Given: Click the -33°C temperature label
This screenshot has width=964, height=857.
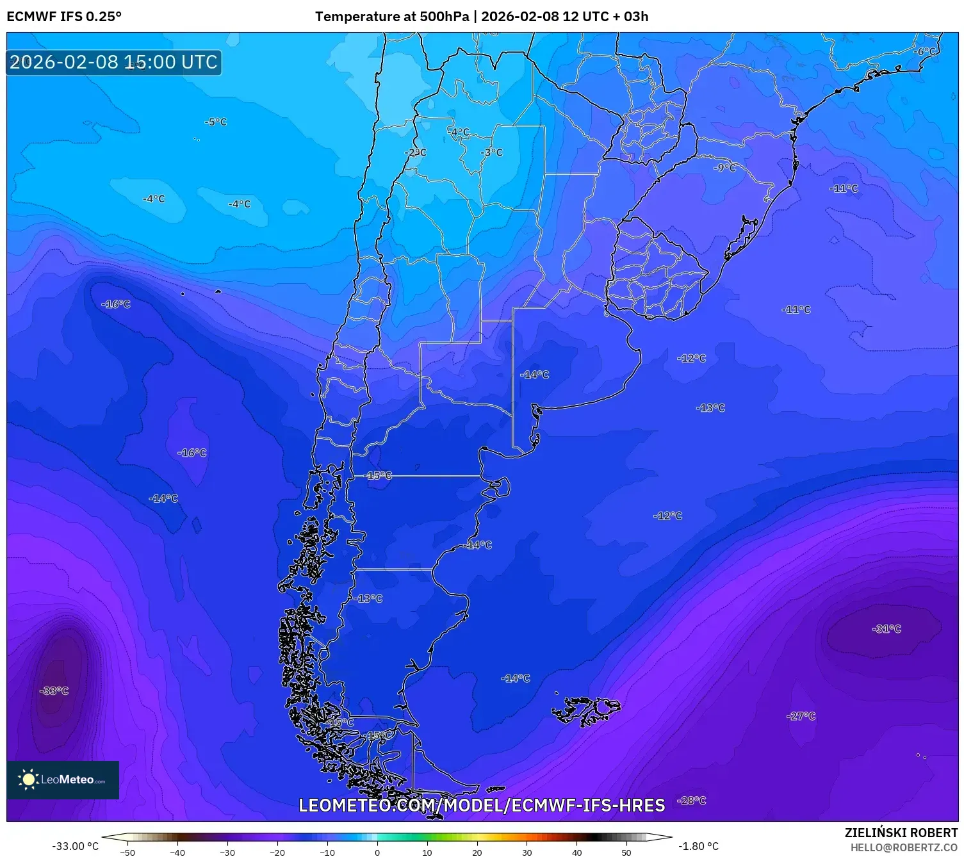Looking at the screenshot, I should [x=54, y=690].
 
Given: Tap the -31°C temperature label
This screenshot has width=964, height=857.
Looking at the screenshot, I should [x=886, y=629].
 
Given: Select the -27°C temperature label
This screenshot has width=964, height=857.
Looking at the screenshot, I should [x=801, y=716].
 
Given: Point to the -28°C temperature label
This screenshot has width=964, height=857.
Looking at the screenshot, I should [x=692, y=801].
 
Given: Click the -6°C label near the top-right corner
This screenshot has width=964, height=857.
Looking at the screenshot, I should [x=926, y=51].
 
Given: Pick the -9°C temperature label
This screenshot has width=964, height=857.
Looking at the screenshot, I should [x=725, y=168].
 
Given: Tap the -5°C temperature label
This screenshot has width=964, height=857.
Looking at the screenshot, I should [x=216, y=122].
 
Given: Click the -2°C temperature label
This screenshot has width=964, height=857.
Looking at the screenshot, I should [x=416, y=152].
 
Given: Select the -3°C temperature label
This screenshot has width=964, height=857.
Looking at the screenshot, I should [x=492, y=152].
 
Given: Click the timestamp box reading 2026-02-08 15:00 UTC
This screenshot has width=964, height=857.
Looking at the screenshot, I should [x=114, y=63].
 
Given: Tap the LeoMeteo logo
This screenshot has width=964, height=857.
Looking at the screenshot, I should [x=63, y=779].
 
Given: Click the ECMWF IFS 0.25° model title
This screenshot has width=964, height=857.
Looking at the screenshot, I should [x=64, y=17].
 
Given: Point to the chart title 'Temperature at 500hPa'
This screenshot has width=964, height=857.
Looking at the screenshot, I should [x=391, y=17].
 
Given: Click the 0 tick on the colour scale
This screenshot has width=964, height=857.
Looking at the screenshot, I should [x=377, y=853].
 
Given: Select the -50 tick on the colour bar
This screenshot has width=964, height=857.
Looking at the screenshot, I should [x=127, y=853].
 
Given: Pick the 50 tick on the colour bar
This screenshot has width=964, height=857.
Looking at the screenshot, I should [x=626, y=853].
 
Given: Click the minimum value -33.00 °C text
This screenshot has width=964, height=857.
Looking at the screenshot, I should [x=76, y=846].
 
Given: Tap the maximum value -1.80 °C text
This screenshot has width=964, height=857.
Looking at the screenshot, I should [x=698, y=846].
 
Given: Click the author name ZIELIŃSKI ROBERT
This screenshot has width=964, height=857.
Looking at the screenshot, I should [x=901, y=833].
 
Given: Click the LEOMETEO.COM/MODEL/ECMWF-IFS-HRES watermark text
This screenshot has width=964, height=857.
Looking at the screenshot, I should [x=482, y=805].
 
